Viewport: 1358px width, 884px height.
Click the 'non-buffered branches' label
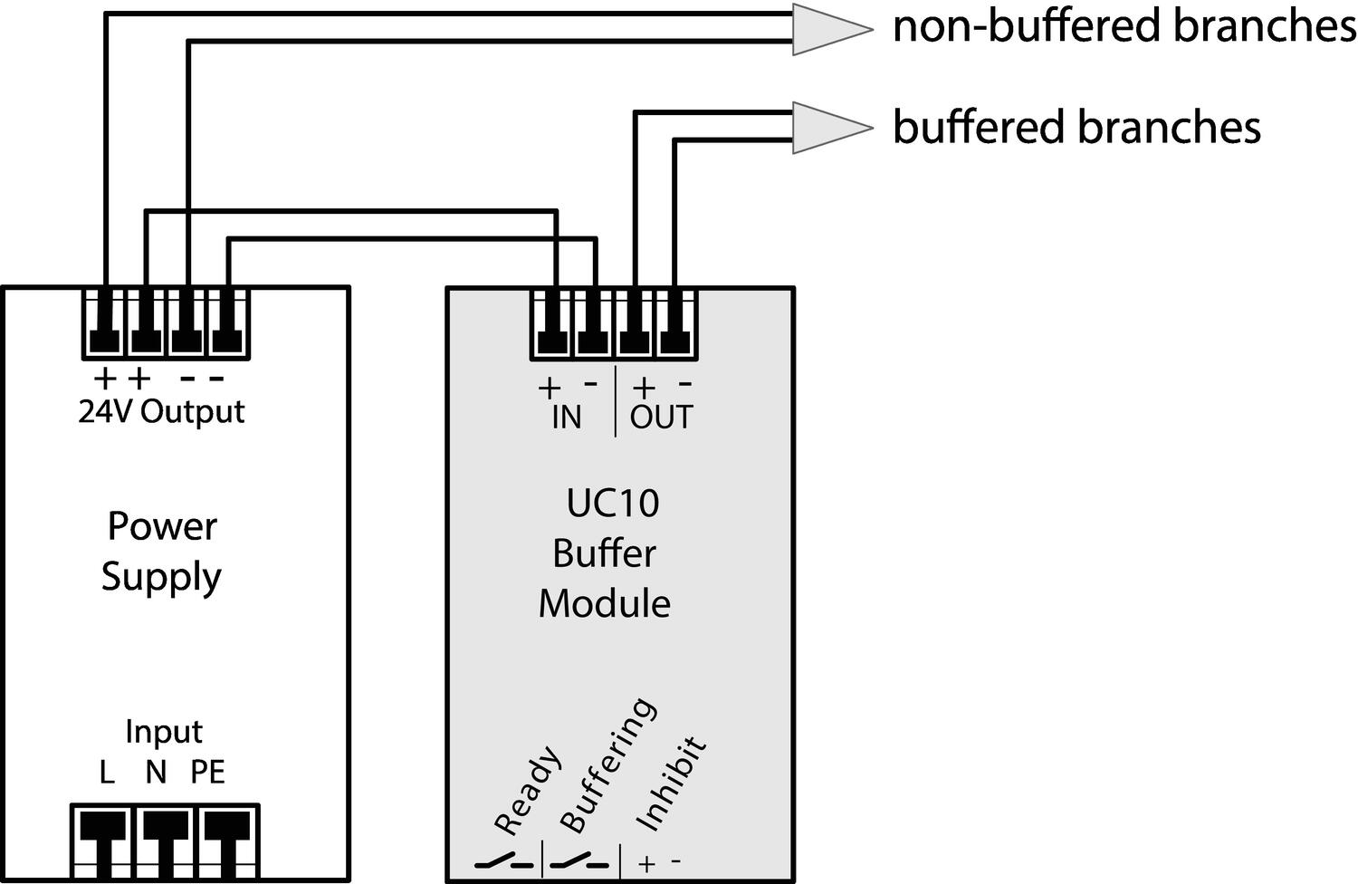point(1124,26)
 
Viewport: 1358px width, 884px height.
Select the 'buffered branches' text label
point(1076,127)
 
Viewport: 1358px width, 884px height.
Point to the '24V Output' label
point(161,412)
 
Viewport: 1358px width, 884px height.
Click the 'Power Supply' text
point(161,551)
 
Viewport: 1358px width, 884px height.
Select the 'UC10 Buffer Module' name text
point(606,552)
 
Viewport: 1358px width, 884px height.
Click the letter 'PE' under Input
point(207,773)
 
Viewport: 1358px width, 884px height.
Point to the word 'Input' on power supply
point(163,732)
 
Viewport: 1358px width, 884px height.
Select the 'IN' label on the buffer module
point(567,418)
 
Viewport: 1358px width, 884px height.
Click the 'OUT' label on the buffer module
point(661,418)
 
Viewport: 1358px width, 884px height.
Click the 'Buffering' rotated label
point(606,765)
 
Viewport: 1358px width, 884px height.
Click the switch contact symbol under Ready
point(503,862)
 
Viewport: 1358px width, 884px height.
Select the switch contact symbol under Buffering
point(580,862)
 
